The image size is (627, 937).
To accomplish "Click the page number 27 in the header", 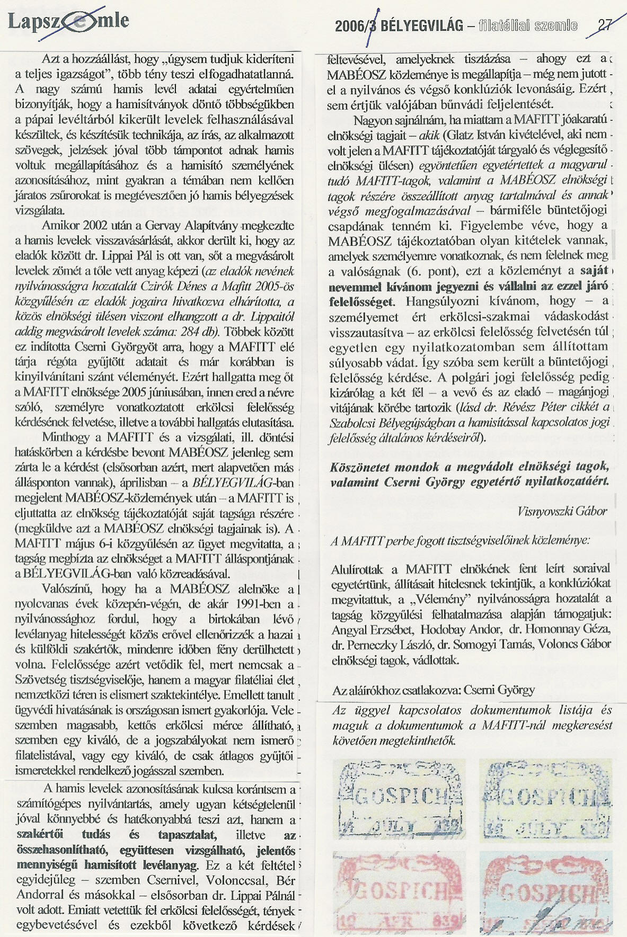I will point(604,25).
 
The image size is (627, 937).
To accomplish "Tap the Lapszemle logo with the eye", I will point(68,22).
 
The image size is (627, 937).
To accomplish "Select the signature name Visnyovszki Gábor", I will point(562,511).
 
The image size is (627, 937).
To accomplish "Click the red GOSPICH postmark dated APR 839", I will point(399,892).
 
